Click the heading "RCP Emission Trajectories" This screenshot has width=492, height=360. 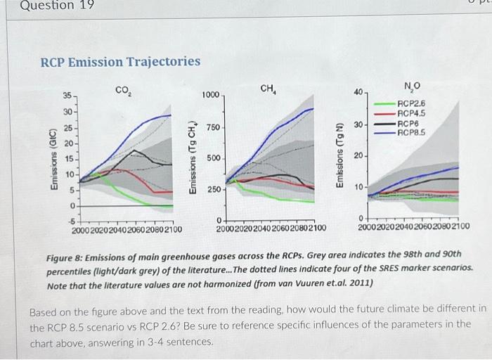click(120, 62)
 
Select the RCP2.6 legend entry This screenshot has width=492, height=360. click(411, 103)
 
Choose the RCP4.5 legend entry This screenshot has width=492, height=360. click(411, 112)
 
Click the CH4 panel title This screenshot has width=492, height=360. click(268, 89)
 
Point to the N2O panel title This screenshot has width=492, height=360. click(412, 86)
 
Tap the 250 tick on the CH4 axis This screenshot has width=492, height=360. click(213, 190)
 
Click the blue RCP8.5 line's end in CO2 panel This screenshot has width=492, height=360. click(171, 115)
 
